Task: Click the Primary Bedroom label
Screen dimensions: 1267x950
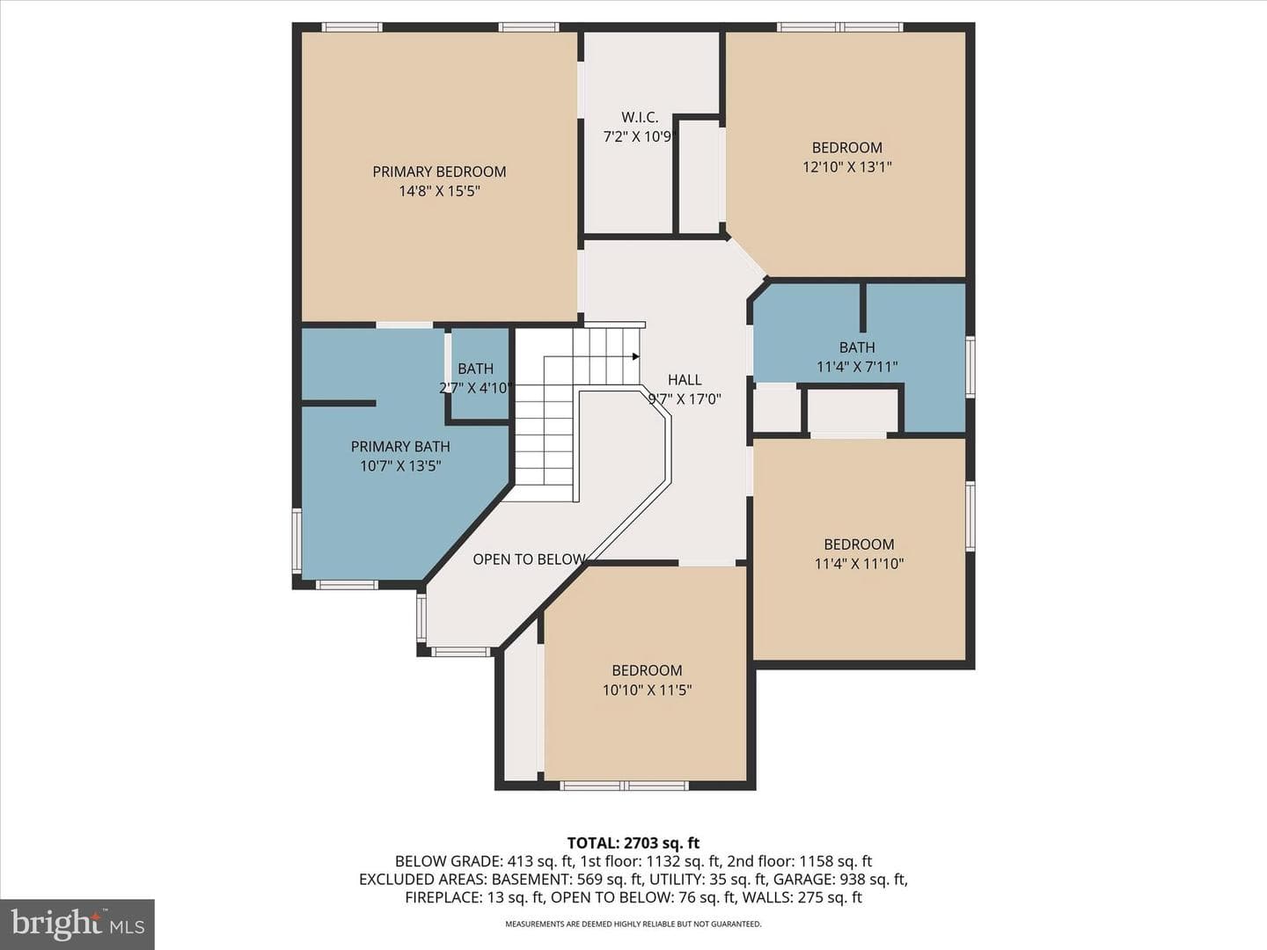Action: click(x=439, y=172)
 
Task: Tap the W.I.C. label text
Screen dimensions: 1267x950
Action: click(x=640, y=118)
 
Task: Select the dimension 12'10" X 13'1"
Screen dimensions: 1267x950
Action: click(x=846, y=167)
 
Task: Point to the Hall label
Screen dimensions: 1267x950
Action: click(x=685, y=379)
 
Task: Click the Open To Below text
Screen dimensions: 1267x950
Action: click(x=529, y=559)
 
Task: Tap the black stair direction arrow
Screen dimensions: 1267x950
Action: click(x=635, y=356)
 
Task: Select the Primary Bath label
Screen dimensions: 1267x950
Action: click(x=400, y=447)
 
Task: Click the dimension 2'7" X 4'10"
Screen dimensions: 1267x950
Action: click(x=476, y=388)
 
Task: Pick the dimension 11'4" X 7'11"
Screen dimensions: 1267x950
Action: click(x=857, y=367)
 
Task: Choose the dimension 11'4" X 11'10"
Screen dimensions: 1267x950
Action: click(x=859, y=564)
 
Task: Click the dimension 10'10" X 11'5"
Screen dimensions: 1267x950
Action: click(x=647, y=690)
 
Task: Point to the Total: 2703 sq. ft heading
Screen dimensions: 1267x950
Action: click(x=633, y=844)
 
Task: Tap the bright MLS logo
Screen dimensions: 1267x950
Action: click(x=77, y=924)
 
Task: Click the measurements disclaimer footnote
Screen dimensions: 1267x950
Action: click(x=633, y=924)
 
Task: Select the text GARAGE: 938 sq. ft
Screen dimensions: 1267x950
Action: click(x=840, y=880)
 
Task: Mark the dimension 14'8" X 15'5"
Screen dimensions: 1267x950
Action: click(x=439, y=192)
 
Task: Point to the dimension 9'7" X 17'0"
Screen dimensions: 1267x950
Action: click(x=685, y=399)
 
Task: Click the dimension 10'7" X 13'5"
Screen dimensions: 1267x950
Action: click(x=400, y=466)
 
